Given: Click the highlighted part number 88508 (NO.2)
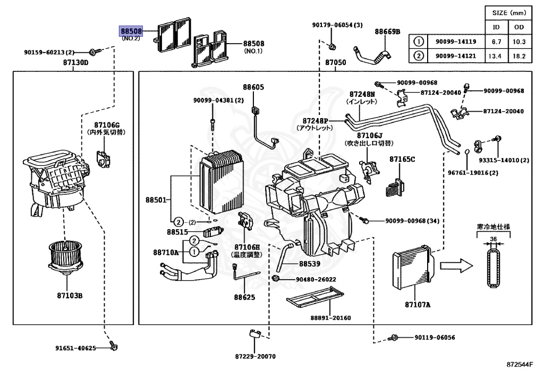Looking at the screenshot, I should [x=130, y=31].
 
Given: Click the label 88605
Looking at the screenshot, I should [x=253, y=87].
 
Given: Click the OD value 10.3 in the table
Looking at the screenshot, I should [x=519, y=41].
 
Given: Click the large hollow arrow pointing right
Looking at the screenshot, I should [x=456, y=264].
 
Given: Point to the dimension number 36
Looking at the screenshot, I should [x=493, y=239].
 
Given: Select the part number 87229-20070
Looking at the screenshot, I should [x=256, y=356].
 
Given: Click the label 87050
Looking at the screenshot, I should [x=335, y=63].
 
